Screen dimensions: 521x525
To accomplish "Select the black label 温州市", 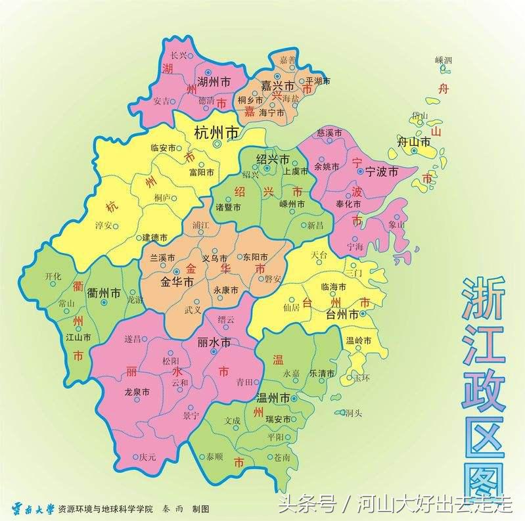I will click(x=273, y=398).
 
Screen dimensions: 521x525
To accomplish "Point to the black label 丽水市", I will click(x=214, y=342).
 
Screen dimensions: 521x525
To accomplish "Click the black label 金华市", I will click(x=177, y=283).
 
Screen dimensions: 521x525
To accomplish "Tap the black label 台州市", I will click(x=344, y=315).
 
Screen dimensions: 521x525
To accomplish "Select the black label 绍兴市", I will click(x=273, y=160).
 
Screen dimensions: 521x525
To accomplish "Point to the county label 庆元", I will click(x=148, y=457).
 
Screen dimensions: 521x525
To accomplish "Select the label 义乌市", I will click(x=214, y=258).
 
